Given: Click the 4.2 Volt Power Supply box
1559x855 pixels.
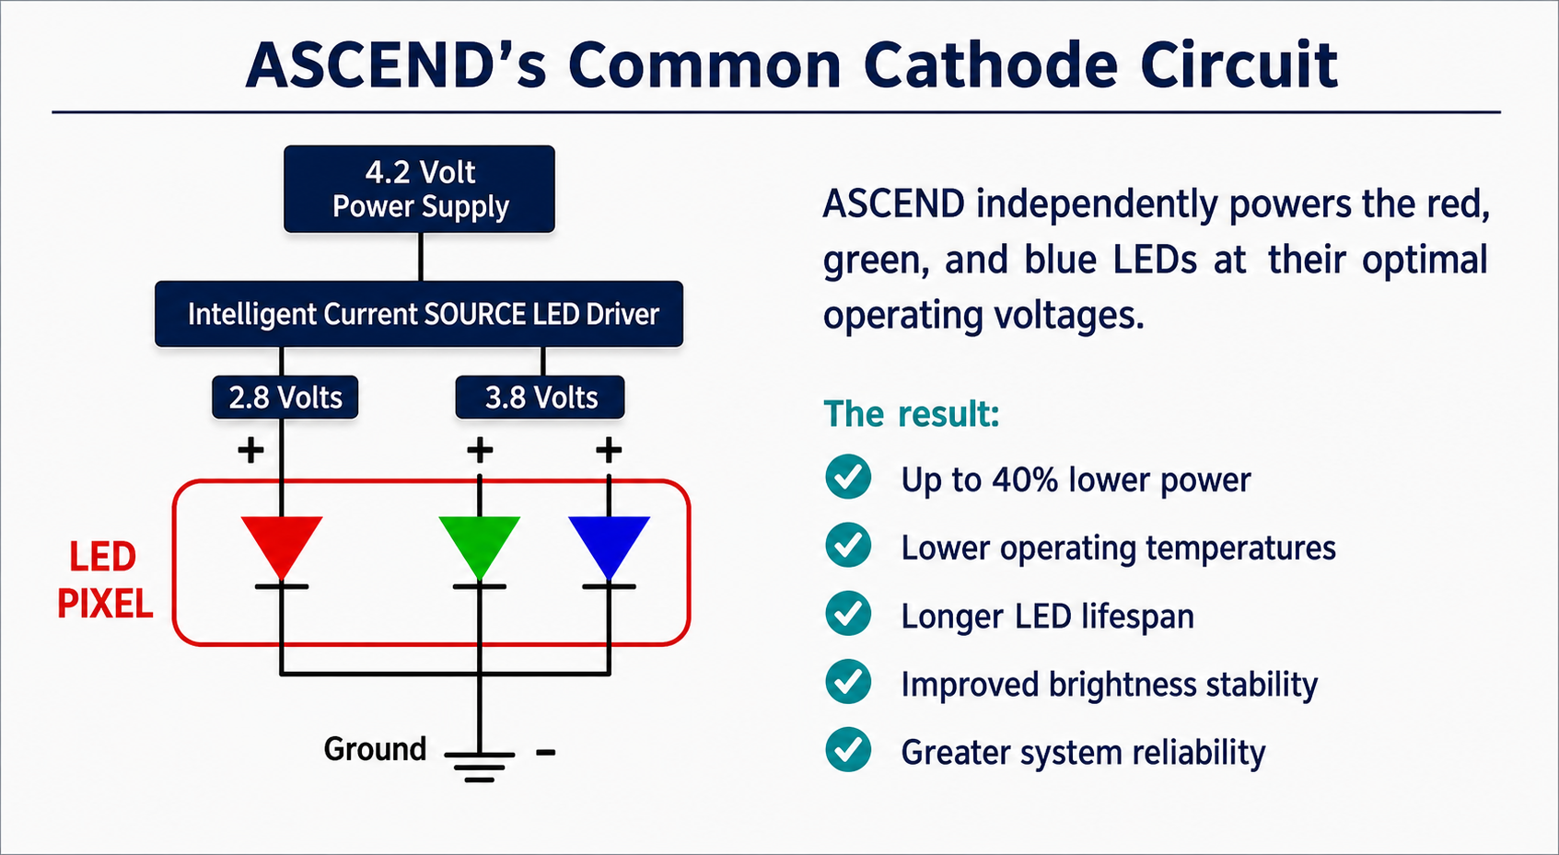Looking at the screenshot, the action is (x=420, y=189).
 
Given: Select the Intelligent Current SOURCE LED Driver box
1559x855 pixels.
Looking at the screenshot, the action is (x=419, y=314).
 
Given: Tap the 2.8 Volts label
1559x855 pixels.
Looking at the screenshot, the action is (x=285, y=398).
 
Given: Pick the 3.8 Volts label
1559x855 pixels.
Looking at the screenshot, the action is (x=541, y=398).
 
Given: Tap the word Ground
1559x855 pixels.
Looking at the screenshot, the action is (x=375, y=749).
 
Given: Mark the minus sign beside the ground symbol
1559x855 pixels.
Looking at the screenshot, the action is (x=546, y=752).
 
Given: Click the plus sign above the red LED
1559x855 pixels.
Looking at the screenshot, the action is (x=251, y=450).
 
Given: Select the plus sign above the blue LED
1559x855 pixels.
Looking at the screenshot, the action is (x=609, y=450).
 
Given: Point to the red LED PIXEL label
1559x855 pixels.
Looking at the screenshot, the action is (x=104, y=580).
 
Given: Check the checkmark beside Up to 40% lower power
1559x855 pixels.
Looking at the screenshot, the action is (x=848, y=477).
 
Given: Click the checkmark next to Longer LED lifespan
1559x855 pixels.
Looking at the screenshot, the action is (x=848, y=613).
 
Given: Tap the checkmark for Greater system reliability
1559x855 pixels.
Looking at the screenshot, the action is (x=848, y=749).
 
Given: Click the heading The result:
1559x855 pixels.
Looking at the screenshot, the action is (x=912, y=414).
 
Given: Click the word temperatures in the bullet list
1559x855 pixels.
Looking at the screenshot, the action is (x=1241, y=549).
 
